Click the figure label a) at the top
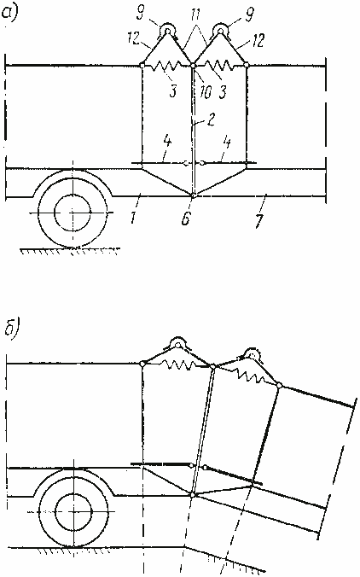tap(10, 14)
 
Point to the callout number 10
tap(206, 91)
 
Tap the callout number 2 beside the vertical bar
tap(211, 120)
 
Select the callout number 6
tap(185, 219)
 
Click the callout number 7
tap(259, 220)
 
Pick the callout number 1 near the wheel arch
tap(133, 217)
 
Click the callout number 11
tap(196, 15)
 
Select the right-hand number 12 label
tap(258, 40)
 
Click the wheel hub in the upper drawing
tap(73, 213)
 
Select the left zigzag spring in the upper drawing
tap(167, 67)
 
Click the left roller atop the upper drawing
tap(167, 30)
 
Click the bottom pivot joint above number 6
tap(192, 195)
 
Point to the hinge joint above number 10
tap(192, 66)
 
